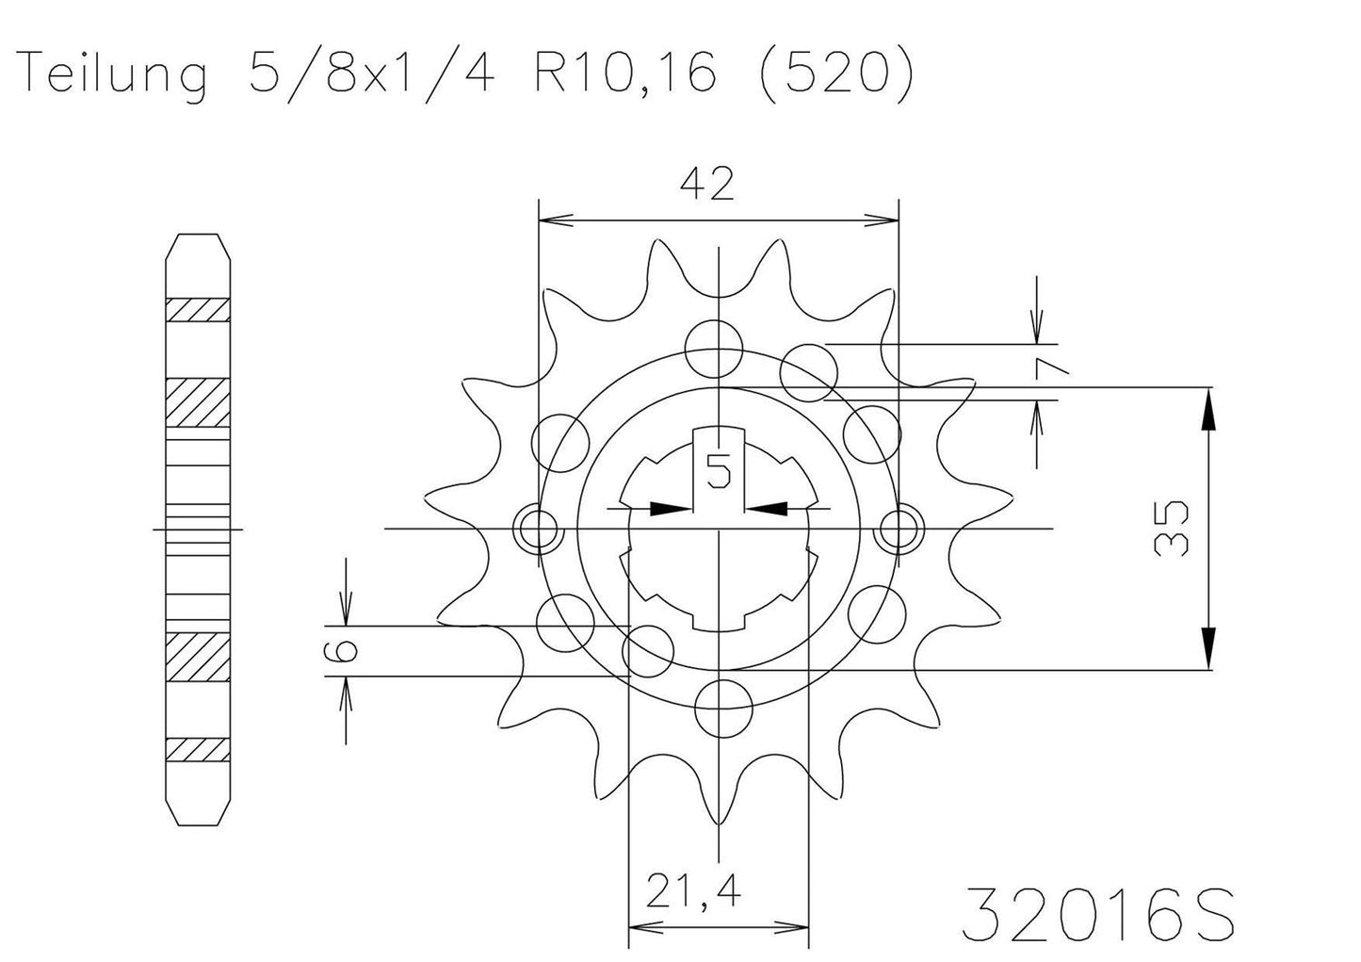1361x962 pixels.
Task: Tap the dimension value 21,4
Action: click(692, 890)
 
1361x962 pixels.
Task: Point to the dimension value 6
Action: click(345, 650)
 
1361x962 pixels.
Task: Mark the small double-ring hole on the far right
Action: click(898, 529)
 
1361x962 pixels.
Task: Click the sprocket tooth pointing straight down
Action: click(719, 810)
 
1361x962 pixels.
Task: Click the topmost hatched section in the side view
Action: click(198, 310)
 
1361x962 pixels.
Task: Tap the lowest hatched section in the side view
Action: click(198, 749)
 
